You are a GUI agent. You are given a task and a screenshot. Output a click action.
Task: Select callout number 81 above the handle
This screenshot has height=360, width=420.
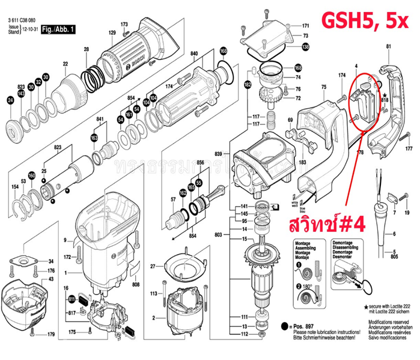point(388,46)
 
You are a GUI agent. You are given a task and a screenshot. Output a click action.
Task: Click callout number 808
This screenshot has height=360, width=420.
point(136,284)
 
